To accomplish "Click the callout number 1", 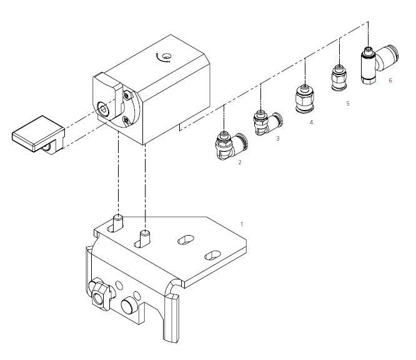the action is point(242,224).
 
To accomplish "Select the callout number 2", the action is point(240,162).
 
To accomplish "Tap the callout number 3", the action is point(278,139).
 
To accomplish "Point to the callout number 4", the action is point(311,122).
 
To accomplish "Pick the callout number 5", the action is point(348,104).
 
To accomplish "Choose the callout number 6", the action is point(390,81).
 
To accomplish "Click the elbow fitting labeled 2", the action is point(231,146).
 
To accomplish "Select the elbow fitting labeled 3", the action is point(267,123).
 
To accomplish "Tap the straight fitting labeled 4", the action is point(305,99).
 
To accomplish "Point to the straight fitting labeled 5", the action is point(339,77).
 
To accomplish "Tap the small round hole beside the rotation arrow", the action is point(167,56).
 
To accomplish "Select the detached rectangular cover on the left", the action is point(39,135).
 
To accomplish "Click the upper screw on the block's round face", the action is point(127,95).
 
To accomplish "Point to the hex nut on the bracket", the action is point(100,295).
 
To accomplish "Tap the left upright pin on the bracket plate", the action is point(118,223).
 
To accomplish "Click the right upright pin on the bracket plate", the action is point(145,237).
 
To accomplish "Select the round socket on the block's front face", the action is point(103,108).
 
